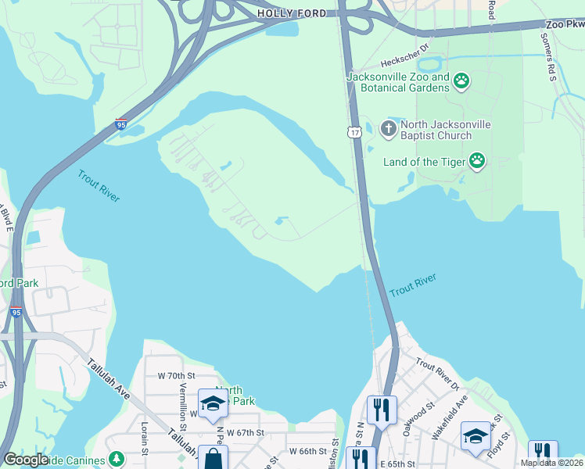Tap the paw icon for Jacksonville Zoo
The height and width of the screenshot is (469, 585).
click(x=462, y=81)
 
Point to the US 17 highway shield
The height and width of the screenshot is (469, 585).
click(x=355, y=133)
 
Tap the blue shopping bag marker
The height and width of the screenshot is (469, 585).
click(x=213, y=457)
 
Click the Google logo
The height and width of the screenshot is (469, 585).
click(x=25, y=460)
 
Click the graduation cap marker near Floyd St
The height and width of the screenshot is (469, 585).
click(x=476, y=435)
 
